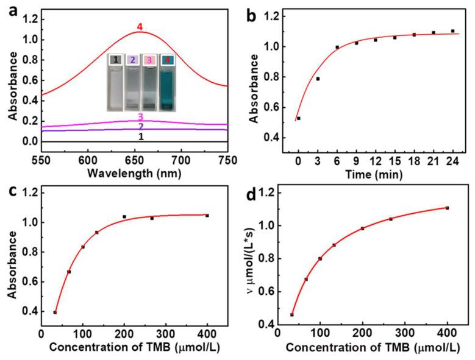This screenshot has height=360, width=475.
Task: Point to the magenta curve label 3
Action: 140,116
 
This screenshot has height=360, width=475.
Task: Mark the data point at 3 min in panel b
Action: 318,79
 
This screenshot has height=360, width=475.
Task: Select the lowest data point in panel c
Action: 55,312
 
